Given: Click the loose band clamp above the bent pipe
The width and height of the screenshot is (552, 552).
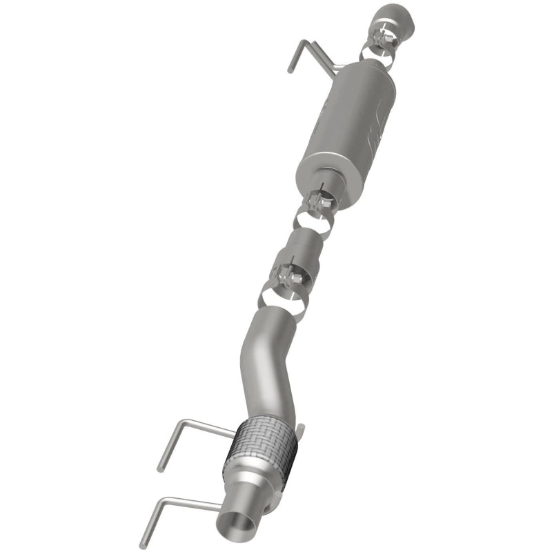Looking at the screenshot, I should (283, 301).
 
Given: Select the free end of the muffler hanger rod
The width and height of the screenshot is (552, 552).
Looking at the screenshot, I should (290, 69).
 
